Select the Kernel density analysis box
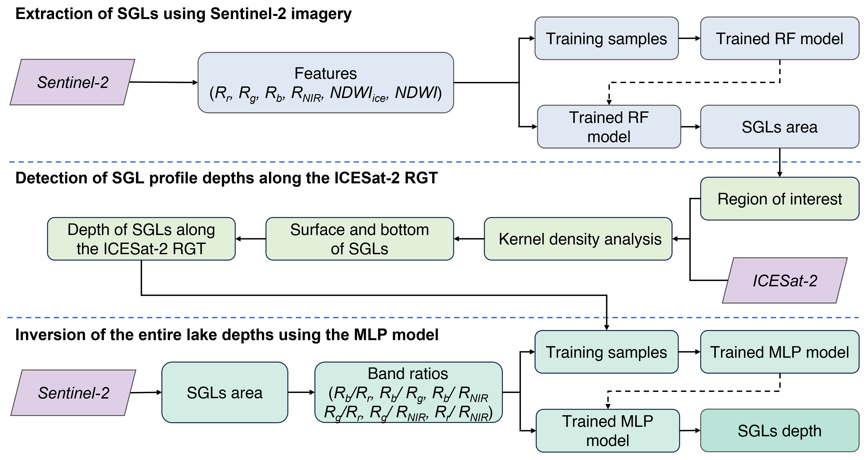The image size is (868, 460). point(578,239)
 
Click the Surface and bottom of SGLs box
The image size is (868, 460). point(360,239)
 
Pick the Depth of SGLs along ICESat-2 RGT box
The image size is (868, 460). point(141,239)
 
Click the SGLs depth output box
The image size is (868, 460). point(780,430)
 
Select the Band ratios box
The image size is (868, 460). point(408,392)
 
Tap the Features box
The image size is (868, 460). point(326,83)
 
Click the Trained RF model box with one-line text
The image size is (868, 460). point(780,38)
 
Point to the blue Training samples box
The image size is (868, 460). point(606,38)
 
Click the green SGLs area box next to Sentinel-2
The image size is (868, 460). point(225,392)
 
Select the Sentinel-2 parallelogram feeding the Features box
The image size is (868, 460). point(72,82)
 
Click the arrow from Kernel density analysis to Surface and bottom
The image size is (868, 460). point(469,239)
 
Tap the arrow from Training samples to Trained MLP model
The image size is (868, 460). point(689,352)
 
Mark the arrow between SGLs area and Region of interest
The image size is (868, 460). point(780,162)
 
